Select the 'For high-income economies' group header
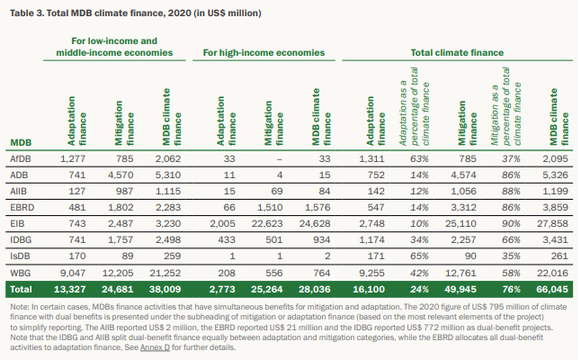click(264, 52)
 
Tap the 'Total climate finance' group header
click(457, 52)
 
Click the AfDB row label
click(21, 158)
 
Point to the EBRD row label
click(22, 207)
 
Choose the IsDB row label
click(20, 256)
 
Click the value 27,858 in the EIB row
click(552, 223)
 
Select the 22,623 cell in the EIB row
click(267, 223)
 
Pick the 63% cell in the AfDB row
click(419, 158)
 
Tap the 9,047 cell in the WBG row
click(73, 273)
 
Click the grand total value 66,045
click(552, 289)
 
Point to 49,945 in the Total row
click(460, 289)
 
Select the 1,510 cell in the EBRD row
click(270, 207)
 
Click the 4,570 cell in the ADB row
click(121, 175)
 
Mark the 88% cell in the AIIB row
click(511, 191)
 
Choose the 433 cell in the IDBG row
click(227, 240)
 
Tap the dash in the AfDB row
click(280, 159)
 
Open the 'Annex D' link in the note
click(155, 347)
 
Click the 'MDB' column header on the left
click(21, 143)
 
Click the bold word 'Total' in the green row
click(21, 289)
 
